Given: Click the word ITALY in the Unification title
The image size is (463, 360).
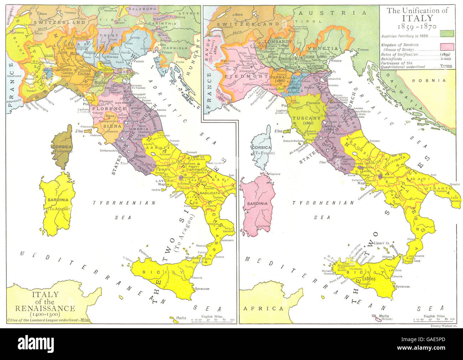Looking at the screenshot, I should (x=417, y=18).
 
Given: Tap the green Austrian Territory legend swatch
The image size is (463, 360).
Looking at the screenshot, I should (x=447, y=34).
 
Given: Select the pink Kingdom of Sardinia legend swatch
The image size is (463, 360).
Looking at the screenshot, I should (x=447, y=47).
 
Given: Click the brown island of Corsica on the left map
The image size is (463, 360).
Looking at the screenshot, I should (x=63, y=146).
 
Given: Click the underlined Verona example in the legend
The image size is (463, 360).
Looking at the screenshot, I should (x=446, y=66).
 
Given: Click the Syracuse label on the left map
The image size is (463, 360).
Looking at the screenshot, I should (x=202, y=289).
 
